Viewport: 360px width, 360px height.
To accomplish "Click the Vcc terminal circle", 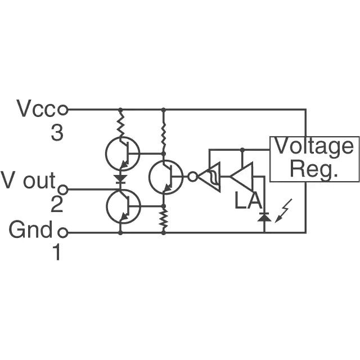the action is click(62, 110).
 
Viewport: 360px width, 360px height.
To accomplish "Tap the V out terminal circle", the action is click(62, 190).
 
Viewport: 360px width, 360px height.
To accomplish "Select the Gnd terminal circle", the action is click(62, 232).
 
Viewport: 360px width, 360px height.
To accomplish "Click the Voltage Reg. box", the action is click(314, 159).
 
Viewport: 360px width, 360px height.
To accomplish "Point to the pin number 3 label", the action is click(57, 134).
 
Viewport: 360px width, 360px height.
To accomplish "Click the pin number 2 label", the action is click(56, 204).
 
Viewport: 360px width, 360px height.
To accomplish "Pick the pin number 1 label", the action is click(56, 252).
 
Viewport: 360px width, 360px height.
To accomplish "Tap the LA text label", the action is click(248, 201).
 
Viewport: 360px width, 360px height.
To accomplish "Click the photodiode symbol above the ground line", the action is click(264, 217).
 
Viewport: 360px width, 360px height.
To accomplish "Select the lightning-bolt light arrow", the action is click(283, 211).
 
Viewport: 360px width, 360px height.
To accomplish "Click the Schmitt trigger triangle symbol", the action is click(209, 177).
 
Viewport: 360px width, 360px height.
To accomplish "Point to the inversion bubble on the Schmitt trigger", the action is click(192, 177).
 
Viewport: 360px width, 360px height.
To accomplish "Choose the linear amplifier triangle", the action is click(241, 176).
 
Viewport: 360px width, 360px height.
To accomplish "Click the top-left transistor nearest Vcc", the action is click(123, 154).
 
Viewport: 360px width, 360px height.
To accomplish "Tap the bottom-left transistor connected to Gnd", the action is click(123, 206).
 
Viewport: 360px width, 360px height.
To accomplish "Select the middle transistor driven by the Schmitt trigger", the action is click(166, 177).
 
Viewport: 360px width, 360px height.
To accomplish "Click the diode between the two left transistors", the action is click(120, 179).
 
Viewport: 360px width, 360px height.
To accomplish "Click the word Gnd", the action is click(30, 229).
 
